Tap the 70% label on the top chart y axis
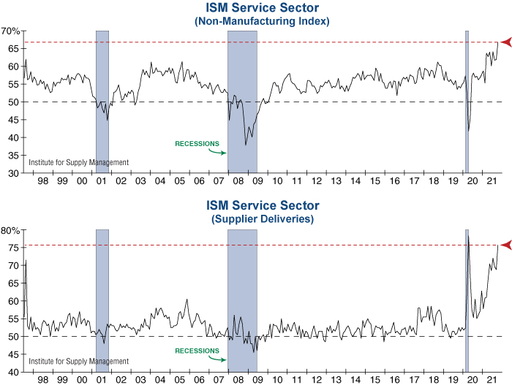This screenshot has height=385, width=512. pyautogui.click(x=11, y=31)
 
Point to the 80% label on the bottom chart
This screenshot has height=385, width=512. pyautogui.click(x=11, y=230)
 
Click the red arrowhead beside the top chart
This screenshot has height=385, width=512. pyautogui.click(x=505, y=42)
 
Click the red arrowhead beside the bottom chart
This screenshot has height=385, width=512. pyautogui.click(x=505, y=245)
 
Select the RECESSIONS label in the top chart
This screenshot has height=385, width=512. pyautogui.click(x=197, y=143)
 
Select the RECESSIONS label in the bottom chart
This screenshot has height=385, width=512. pyautogui.click(x=197, y=351)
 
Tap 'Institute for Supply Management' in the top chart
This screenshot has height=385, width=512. pyautogui.click(x=78, y=162)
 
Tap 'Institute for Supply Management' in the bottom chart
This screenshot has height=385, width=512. pyautogui.click(x=78, y=362)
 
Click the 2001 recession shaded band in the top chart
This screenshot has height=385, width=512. pyautogui.click(x=102, y=102)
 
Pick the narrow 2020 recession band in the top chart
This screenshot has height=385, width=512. pyautogui.click(x=467, y=102)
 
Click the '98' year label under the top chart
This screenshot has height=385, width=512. pyautogui.click(x=42, y=180)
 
